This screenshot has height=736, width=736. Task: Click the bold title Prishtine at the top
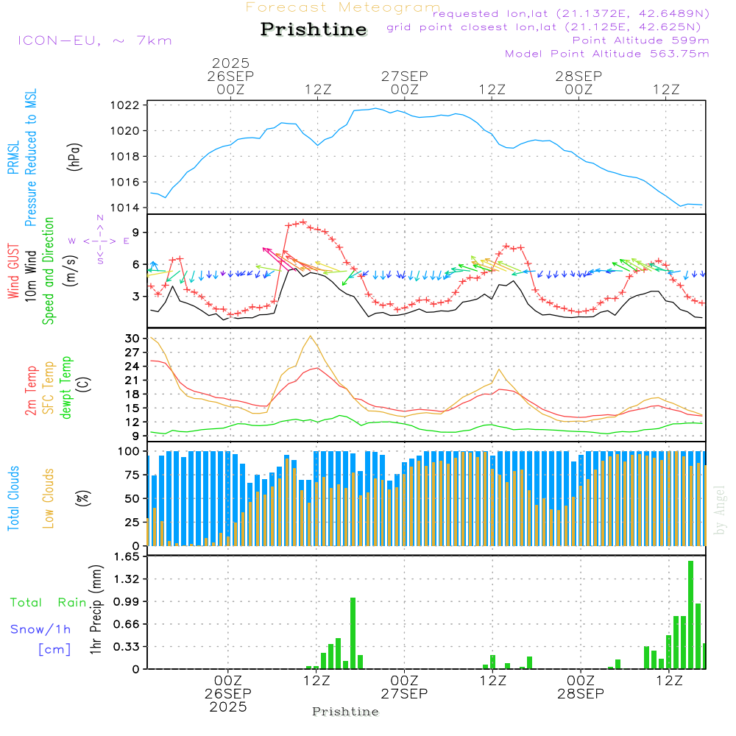pyautogui.click(x=314, y=29)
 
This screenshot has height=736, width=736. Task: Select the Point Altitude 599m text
pyautogui.click(x=640, y=40)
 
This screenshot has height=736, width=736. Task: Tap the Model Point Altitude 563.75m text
pyautogui.click(x=606, y=54)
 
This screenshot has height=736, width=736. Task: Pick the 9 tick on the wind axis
pyautogui.click(x=135, y=232)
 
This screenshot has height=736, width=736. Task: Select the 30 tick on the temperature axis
pyautogui.click(x=132, y=339)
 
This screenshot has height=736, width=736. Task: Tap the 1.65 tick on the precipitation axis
pyautogui.click(x=128, y=557)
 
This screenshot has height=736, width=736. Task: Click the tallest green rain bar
pyautogui.click(x=691, y=615)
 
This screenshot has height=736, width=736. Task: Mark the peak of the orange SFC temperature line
pyautogui.click(x=311, y=336)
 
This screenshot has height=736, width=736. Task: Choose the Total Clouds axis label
pyautogui.click(x=14, y=498)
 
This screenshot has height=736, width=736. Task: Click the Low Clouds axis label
pyautogui.click(x=49, y=498)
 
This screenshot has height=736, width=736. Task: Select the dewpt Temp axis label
pyautogui.click(x=66, y=388)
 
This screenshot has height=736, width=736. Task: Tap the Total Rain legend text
pyautogui.click(x=48, y=603)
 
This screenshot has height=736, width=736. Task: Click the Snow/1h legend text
pyautogui.click(x=41, y=629)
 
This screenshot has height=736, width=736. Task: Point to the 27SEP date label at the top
pyautogui.click(x=404, y=77)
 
